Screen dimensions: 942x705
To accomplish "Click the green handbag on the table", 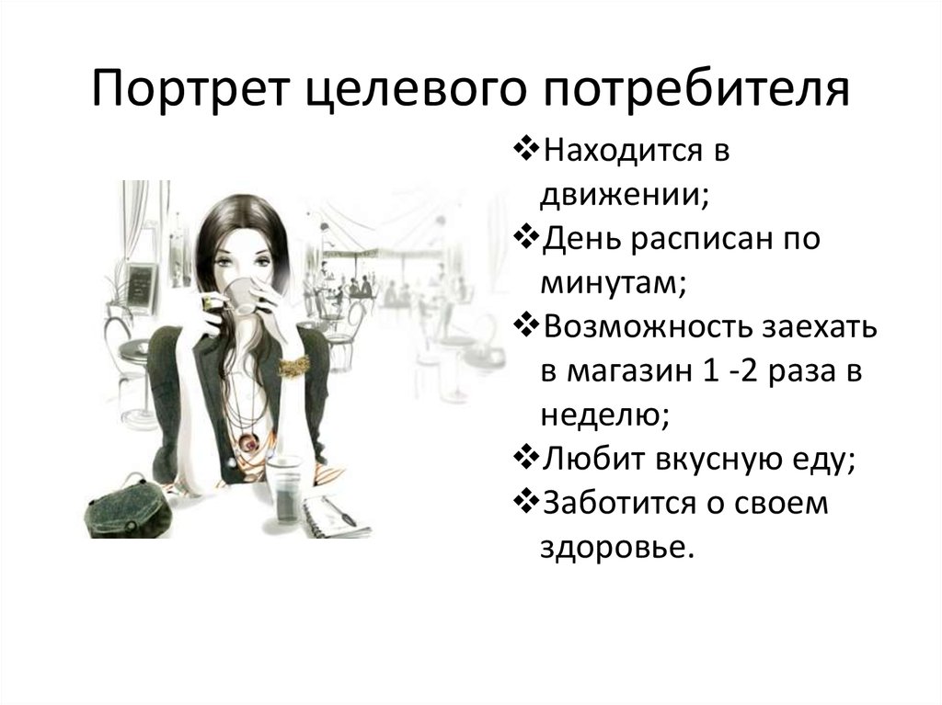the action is point(124,508).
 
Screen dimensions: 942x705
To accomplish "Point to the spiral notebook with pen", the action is point(336,516).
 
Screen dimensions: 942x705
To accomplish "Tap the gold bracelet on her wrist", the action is point(293,366).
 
